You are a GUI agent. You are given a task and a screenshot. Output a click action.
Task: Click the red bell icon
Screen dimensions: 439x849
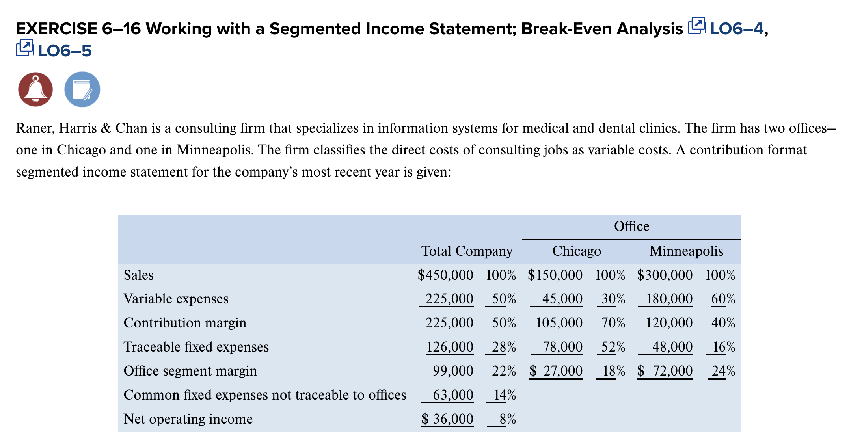[x=35, y=89]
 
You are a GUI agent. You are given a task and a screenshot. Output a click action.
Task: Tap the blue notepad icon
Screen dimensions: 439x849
[x=82, y=89]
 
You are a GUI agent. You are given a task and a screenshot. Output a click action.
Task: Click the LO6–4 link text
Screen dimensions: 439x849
[x=737, y=29]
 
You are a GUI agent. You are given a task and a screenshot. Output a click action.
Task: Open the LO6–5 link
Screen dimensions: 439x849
[x=65, y=51]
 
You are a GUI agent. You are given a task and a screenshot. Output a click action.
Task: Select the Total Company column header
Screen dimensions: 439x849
[x=467, y=251]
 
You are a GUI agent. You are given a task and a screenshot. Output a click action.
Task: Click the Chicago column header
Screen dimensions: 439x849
[x=576, y=251]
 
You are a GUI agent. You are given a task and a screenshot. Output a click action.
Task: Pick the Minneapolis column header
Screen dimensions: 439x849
[x=686, y=251]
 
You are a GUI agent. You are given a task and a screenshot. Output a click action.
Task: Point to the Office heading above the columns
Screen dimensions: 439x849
[x=631, y=226]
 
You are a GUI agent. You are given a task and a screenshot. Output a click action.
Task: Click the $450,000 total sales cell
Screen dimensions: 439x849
[x=445, y=275]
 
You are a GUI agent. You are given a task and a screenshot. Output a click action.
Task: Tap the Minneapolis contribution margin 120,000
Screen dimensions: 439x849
[x=669, y=323]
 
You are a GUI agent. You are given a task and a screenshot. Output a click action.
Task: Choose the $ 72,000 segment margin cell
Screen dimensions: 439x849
[x=665, y=371]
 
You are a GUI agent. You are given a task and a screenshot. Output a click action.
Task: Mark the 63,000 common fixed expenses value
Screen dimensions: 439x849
[x=453, y=395]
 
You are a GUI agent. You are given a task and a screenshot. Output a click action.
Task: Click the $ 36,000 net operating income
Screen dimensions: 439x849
[x=447, y=419]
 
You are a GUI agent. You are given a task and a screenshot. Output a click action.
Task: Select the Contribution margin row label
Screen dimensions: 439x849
[x=185, y=323]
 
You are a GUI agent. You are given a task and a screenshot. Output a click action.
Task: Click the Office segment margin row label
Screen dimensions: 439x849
[x=190, y=371]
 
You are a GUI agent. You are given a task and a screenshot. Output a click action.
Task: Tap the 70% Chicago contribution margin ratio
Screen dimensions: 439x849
[x=613, y=323]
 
